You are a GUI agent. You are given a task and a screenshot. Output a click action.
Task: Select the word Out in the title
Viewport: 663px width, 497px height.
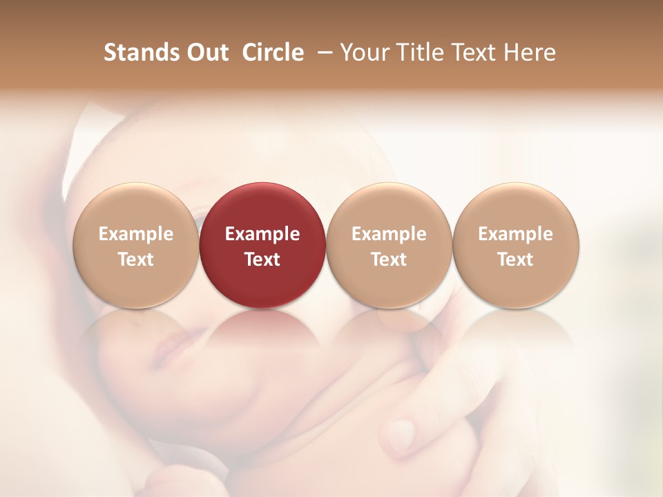(206, 52)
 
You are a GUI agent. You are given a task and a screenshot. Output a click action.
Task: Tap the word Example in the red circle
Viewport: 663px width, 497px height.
(262, 234)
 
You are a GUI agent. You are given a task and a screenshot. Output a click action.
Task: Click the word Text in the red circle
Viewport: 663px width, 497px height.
(262, 260)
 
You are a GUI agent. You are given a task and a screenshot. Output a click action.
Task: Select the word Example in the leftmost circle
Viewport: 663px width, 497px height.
(136, 234)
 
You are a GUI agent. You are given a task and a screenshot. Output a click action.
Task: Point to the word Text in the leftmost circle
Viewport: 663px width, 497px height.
(136, 260)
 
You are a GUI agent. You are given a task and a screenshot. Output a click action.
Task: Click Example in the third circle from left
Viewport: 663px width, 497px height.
(389, 234)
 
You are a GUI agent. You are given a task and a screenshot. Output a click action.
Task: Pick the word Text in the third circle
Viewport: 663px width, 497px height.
(389, 260)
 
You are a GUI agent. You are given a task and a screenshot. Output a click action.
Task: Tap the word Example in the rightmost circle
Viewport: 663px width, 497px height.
(515, 234)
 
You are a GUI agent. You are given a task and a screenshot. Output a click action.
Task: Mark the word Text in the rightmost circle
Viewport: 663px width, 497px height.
(515, 260)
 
